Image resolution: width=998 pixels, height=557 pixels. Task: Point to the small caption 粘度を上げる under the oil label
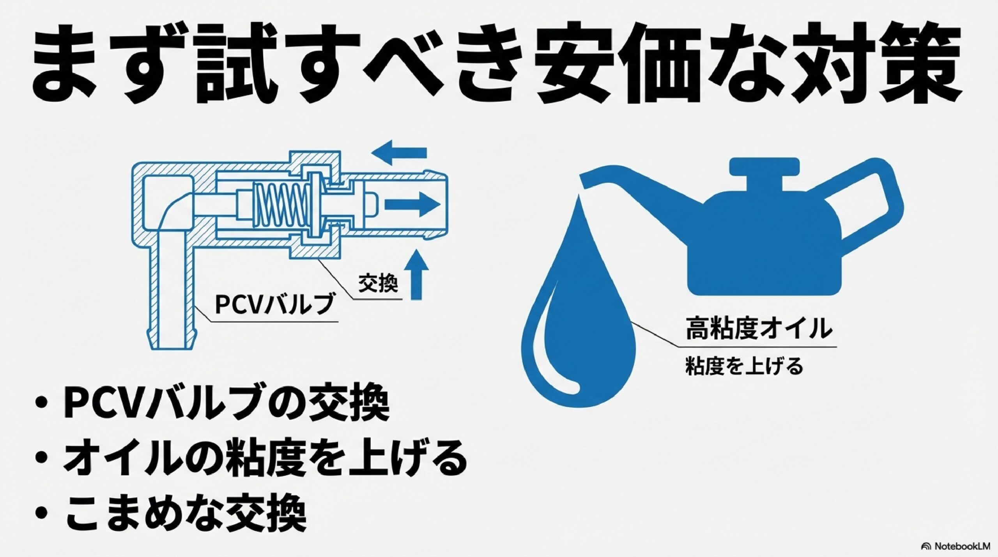click(745, 367)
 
